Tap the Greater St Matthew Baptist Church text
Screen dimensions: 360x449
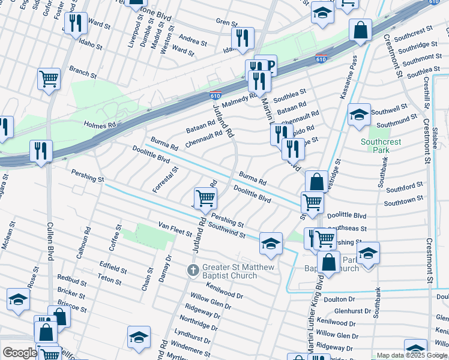pyautogui.click(x=238, y=271)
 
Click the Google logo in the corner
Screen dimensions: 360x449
pyautogui.click(x=19, y=353)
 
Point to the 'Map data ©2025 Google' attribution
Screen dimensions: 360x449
pyautogui.click(x=412, y=355)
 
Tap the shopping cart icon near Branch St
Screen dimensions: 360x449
pyautogui.click(x=49, y=78)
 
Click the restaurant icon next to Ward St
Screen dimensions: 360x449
pyautogui.click(x=75, y=23)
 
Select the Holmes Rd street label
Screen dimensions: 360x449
pyautogui.click(x=99, y=125)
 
